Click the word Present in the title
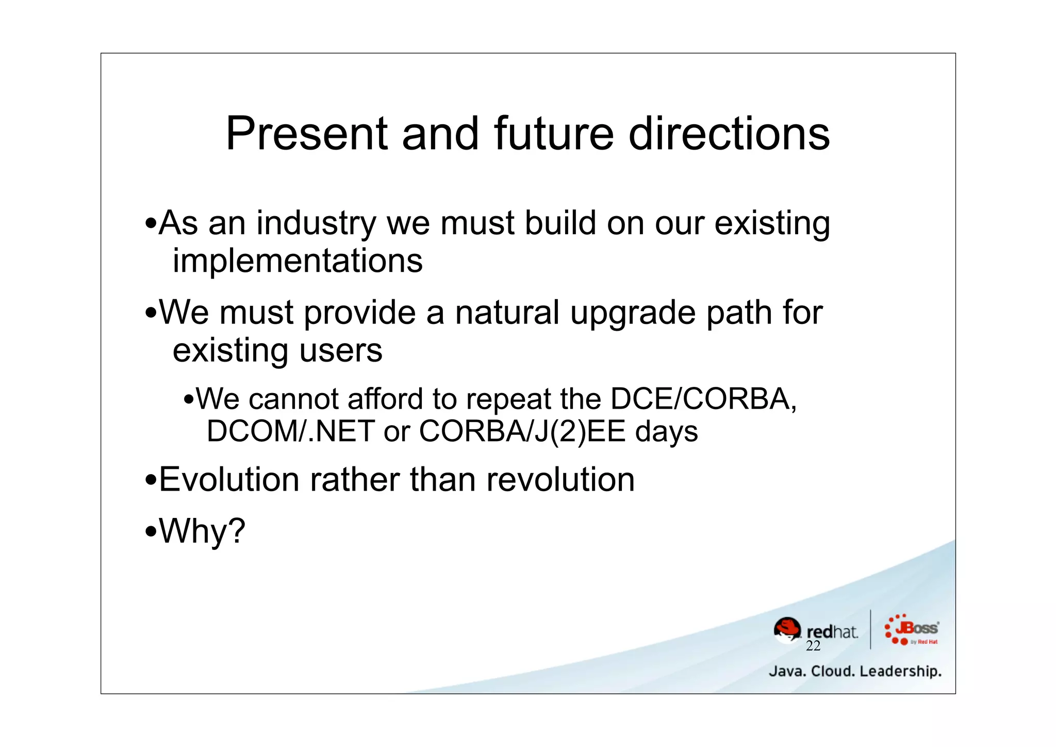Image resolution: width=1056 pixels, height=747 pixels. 306,134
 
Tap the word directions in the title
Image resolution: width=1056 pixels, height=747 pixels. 729,134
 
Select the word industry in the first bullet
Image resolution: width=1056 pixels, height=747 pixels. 316,224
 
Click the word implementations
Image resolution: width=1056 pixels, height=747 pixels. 297,261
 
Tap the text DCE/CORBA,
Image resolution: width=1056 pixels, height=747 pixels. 703,399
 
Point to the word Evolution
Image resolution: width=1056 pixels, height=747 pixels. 229,480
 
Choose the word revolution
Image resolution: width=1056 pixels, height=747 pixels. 560,480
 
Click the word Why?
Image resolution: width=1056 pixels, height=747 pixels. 202,531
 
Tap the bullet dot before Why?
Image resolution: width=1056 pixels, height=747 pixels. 151,531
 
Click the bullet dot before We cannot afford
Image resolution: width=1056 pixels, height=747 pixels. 189,400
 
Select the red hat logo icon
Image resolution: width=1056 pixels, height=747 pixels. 787,630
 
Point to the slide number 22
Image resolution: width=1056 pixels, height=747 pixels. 813,646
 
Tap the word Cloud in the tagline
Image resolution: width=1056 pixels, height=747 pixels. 832,672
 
